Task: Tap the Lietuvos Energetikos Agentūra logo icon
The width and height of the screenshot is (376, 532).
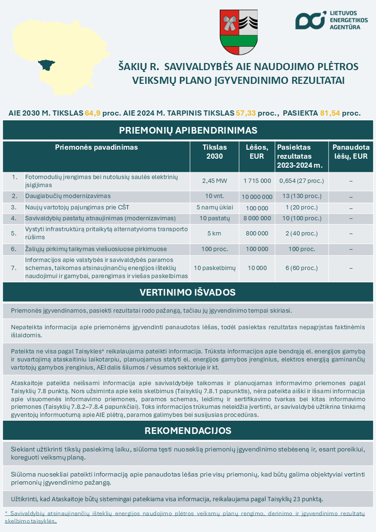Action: pyautogui.click(x=310, y=20)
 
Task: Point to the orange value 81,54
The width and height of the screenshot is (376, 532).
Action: pyautogui.click(x=330, y=113)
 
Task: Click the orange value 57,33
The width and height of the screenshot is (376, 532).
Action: pyautogui.click(x=245, y=113)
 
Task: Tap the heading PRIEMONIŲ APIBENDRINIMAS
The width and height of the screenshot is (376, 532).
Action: pyautogui.click(x=188, y=130)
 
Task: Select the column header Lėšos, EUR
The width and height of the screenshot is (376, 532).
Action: pyautogui.click(x=257, y=152)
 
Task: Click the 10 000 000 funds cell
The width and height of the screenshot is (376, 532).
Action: pyautogui.click(x=257, y=197)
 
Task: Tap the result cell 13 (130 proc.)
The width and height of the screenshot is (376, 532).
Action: pyautogui.click(x=302, y=196)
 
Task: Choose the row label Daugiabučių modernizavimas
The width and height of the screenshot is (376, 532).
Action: pyautogui.click(x=68, y=196)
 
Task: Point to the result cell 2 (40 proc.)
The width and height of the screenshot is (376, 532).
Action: pyautogui.click(x=302, y=233)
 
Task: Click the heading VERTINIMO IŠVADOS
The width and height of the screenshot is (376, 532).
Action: pyautogui.click(x=188, y=292)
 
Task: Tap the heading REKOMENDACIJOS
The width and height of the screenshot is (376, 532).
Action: pyautogui.click(x=188, y=431)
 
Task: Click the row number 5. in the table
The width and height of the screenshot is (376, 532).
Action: pyautogui.click(x=14, y=233)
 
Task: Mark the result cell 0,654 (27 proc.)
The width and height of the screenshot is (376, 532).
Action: pyautogui.click(x=302, y=180)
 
